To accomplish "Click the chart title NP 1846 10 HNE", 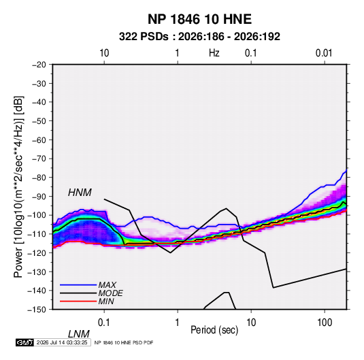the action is point(199,19).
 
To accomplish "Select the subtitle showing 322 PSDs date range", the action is point(199,37).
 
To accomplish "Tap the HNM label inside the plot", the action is point(80,193).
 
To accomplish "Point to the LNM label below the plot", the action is point(79,334).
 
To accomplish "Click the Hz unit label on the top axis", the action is point(214,53).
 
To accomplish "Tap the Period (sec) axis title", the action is point(214,330).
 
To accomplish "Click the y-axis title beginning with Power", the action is point(18,187).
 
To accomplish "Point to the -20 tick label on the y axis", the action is point(39,65).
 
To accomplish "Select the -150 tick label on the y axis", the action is point(37,310).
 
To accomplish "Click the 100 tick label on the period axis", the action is point(324,323).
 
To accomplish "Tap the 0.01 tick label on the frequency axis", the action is point(324,53).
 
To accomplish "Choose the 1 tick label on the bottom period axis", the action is point(178,323).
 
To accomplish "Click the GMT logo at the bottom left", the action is point(25,342).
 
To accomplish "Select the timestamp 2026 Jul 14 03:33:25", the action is point(62,342).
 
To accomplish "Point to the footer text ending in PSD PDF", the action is point(124,342).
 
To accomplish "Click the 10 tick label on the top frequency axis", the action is point(104,53).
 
